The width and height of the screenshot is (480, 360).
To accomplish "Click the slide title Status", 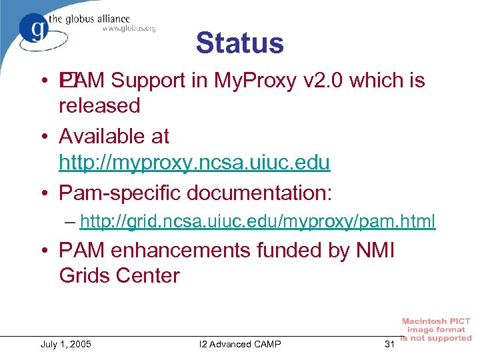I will (x=239, y=43).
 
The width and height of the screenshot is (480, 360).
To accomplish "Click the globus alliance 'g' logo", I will (x=33, y=28).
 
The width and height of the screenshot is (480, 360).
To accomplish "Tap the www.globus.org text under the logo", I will (x=129, y=28).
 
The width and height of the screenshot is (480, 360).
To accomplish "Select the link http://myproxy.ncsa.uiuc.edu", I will (x=195, y=162).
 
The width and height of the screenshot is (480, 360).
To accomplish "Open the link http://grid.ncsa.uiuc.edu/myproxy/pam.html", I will (x=257, y=221).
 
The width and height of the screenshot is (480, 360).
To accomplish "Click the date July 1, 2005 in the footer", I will (x=66, y=344).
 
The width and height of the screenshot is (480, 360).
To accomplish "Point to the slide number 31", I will (x=390, y=344).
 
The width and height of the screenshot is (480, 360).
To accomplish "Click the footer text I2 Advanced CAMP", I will (x=240, y=344).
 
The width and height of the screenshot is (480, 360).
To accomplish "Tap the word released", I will (x=99, y=106).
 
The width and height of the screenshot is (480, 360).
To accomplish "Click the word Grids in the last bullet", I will (x=85, y=275).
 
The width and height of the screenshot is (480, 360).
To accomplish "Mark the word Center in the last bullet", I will (x=149, y=275).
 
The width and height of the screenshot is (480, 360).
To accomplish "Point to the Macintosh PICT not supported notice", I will (x=436, y=330).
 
